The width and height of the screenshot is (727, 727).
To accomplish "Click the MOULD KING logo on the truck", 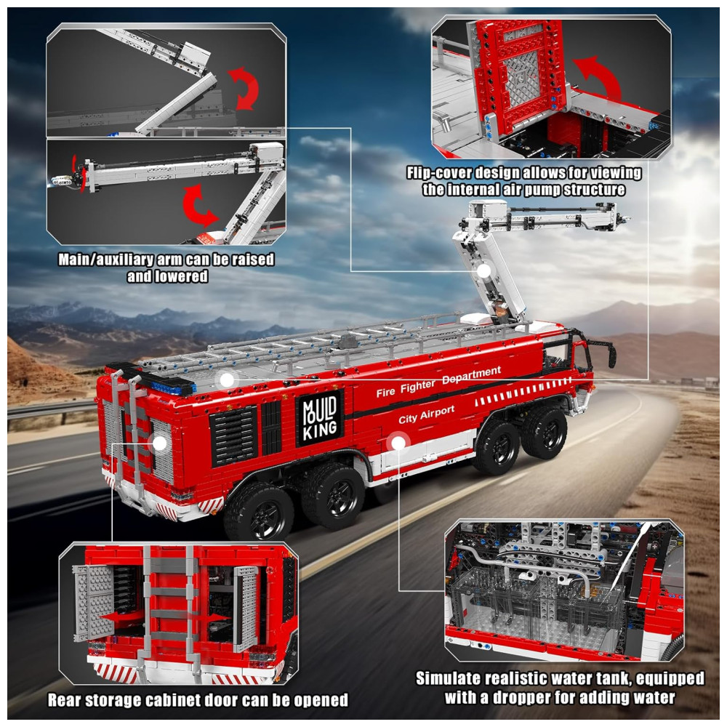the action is click(x=319, y=418).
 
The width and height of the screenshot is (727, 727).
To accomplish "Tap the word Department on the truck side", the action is click(x=471, y=375).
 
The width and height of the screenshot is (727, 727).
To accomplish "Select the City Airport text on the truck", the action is click(x=427, y=414).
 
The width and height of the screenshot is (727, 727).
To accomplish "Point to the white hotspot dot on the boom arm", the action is click(x=483, y=270).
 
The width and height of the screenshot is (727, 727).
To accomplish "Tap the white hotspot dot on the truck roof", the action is click(x=227, y=380).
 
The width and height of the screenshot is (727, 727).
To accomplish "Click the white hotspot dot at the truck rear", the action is click(x=159, y=443).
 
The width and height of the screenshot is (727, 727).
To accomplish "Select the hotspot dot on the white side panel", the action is click(x=398, y=443).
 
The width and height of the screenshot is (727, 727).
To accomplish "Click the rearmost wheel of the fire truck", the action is click(x=258, y=514).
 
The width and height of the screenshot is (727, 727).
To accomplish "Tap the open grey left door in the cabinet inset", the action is click(x=94, y=603).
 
